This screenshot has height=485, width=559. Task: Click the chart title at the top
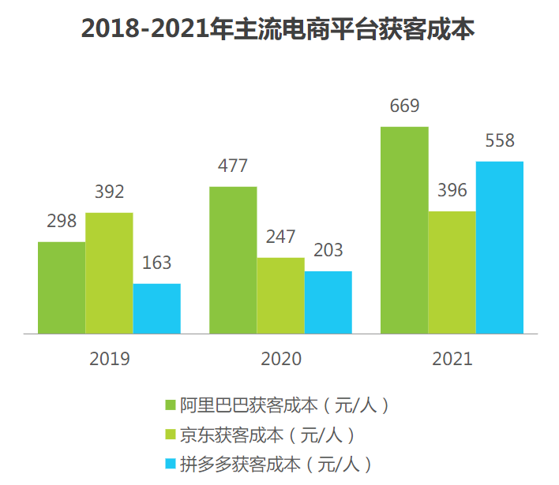[279, 29]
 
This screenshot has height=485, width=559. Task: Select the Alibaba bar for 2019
[62, 288]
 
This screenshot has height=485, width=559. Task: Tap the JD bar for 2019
[109, 273]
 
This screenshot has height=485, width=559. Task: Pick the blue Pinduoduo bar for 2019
[156, 308]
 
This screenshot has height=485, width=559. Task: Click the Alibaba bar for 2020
[233, 260]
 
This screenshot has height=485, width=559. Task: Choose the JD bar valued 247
[280, 296]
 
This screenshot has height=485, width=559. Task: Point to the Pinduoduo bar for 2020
[328, 302]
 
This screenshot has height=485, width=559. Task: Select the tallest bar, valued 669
[404, 230]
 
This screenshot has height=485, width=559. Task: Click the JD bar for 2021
[452, 272]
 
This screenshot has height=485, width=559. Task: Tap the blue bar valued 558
[499, 248]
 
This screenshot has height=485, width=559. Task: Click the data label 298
[62, 222]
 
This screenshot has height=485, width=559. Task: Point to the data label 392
[109, 192]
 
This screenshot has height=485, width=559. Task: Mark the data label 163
[156, 263]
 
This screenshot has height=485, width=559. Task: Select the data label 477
[233, 166]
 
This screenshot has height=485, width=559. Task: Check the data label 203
[328, 251]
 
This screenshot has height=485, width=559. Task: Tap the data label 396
[452, 191]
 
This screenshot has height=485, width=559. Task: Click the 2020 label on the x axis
[280, 359]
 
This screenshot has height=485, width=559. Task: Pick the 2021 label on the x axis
[452, 359]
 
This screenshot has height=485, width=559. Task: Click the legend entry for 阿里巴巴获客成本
[276, 406]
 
